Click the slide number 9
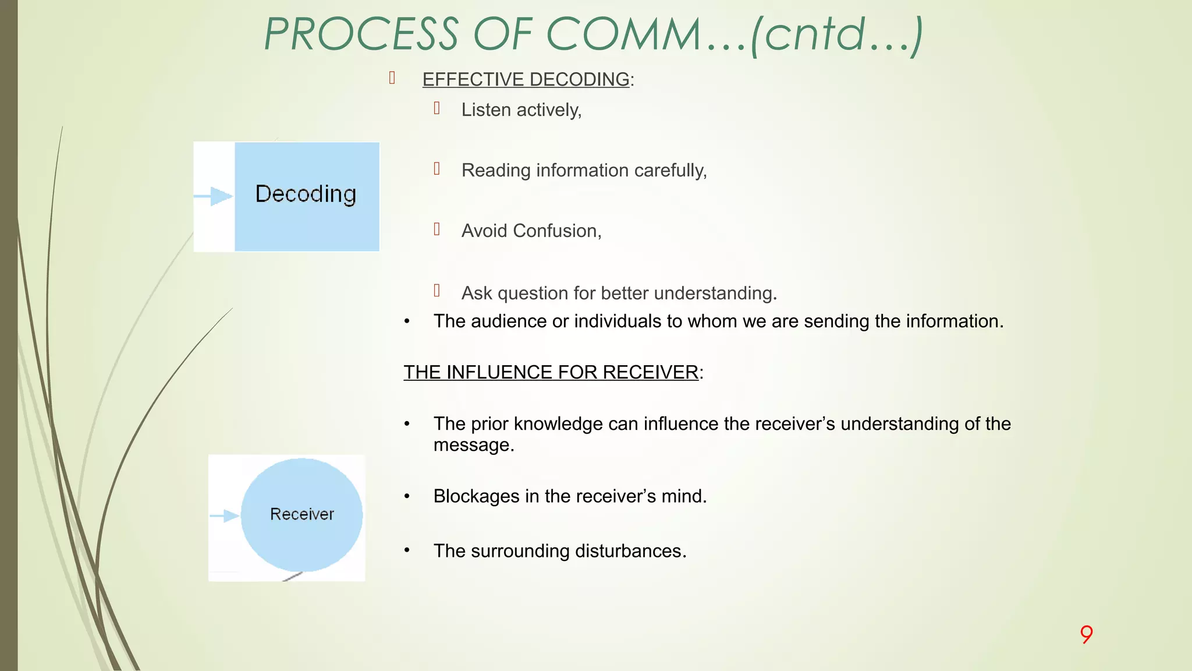click(1086, 634)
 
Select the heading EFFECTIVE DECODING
click(526, 79)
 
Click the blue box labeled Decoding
click(307, 196)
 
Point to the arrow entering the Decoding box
click(214, 196)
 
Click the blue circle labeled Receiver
click(301, 514)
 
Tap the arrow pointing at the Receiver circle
click(224, 515)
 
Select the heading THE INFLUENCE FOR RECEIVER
click(551, 372)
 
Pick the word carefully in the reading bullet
click(670, 171)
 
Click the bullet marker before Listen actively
click(437, 108)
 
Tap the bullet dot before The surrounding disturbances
click(407, 550)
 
